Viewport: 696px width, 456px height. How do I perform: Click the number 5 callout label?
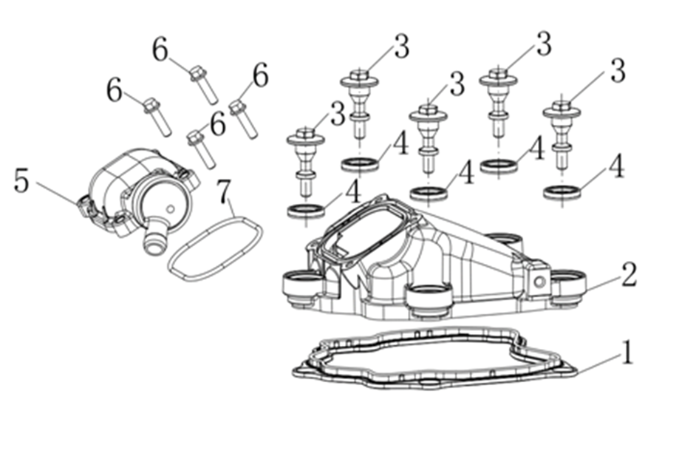(x=21, y=181)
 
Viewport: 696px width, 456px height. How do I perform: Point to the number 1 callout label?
(x=627, y=353)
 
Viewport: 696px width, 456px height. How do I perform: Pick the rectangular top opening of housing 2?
(x=365, y=229)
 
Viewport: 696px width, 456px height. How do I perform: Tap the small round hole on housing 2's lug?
(x=539, y=282)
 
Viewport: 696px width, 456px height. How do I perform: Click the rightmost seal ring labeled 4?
(x=562, y=192)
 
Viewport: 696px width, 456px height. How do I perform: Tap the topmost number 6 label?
(x=160, y=50)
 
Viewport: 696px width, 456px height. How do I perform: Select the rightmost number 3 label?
(x=617, y=72)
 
